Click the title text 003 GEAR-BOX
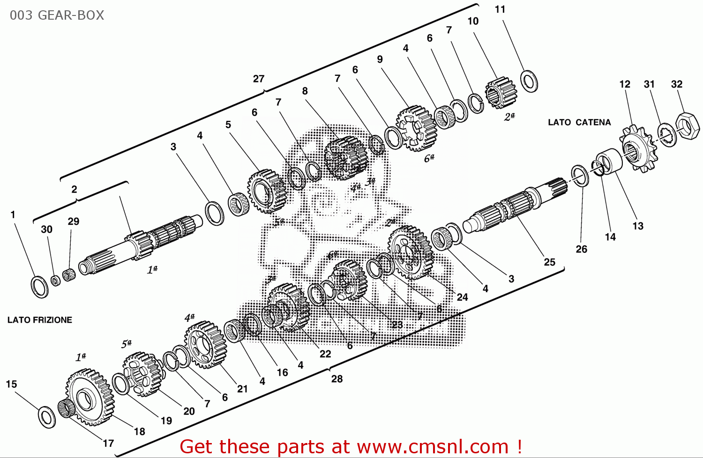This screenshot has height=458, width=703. click(x=57, y=15)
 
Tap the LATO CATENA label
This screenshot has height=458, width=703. click(x=579, y=123)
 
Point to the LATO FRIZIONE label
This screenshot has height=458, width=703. click(x=40, y=320)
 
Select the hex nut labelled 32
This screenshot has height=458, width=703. click(x=688, y=125)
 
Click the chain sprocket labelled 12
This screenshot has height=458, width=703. click(x=638, y=149)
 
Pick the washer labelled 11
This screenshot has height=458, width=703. click(x=529, y=81)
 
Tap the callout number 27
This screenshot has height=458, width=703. click(x=259, y=79)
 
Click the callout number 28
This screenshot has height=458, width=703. click(x=337, y=379)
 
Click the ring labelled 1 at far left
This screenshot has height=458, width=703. click(x=39, y=287)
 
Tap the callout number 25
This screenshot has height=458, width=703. click(x=549, y=262)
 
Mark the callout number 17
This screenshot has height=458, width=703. click(x=108, y=443)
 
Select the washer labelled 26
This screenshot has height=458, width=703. click(x=580, y=176)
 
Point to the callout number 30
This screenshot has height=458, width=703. click(x=46, y=229)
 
